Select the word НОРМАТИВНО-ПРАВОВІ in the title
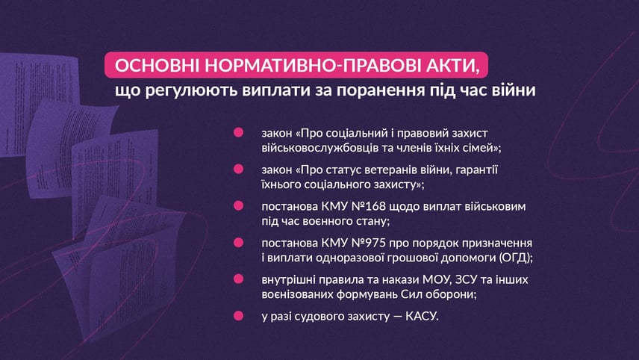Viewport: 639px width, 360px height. [308, 65]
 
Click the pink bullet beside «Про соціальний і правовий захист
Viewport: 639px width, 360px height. [238, 132]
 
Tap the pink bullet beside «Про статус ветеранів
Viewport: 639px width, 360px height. [238, 169]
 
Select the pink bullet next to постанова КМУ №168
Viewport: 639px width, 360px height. [238, 205]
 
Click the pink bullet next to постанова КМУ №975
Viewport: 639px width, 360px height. [238, 242]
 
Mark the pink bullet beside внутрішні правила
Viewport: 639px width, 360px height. [238, 279]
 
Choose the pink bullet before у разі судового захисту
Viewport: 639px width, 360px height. [238, 316]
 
